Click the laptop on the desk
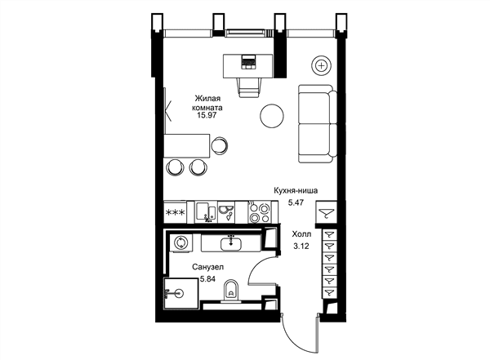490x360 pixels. [x=248, y=61]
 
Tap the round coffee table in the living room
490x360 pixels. [x=272, y=116]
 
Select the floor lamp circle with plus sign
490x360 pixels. [x=321, y=65]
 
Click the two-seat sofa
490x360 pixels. [x=318, y=124]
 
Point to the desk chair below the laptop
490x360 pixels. [x=249, y=87]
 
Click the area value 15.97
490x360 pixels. [x=207, y=115]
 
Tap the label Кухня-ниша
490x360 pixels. [x=296, y=191]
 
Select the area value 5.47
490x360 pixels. [x=296, y=202]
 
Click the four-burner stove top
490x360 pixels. [x=259, y=212]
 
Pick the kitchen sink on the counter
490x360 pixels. [x=206, y=212]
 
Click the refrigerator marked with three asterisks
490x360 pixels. [x=175, y=212]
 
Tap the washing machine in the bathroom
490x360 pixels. [x=180, y=242]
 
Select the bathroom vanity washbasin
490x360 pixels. [x=230, y=243]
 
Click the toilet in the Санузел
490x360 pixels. [x=231, y=291]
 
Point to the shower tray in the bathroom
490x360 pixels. [x=181, y=293]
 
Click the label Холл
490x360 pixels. [x=301, y=234]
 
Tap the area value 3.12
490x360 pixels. [x=301, y=247]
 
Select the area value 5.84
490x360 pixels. [x=207, y=279]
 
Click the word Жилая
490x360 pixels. [x=207, y=99]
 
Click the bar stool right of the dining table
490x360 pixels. [x=220, y=145]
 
